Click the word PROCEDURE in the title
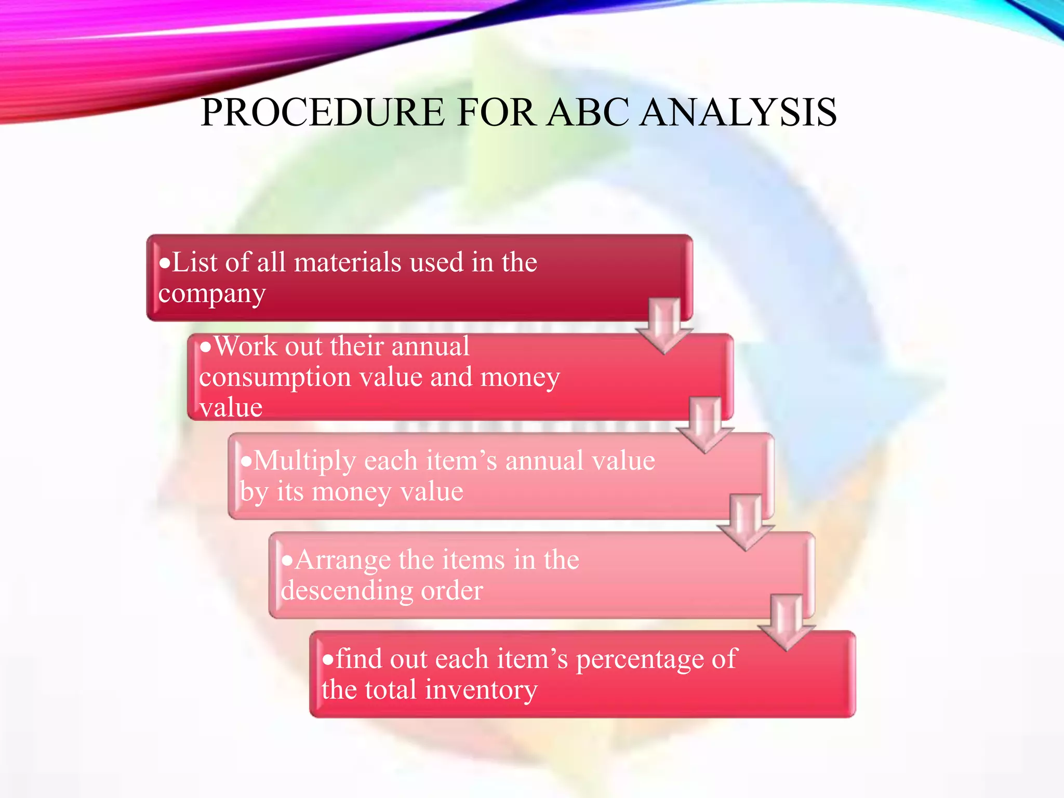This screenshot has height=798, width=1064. [x=322, y=112]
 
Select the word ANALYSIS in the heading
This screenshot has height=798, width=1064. [x=738, y=112]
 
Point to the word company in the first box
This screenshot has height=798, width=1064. [x=212, y=294]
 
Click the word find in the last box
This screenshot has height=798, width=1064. [x=358, y=659]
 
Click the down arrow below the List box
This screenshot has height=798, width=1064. [x=664, y=325]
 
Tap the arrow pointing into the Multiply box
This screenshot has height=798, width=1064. [x=705, y=424]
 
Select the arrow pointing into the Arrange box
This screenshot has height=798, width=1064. [x=746, y=522]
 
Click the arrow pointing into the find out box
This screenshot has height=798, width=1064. [x=787, y=621]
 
